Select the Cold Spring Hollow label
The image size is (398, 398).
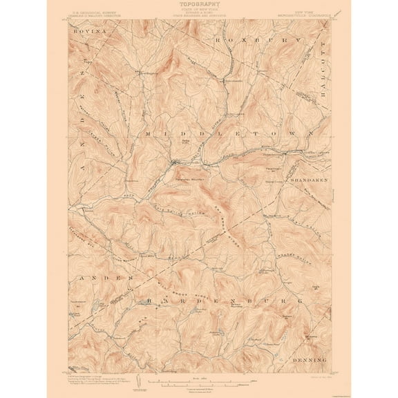[181, 200]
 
